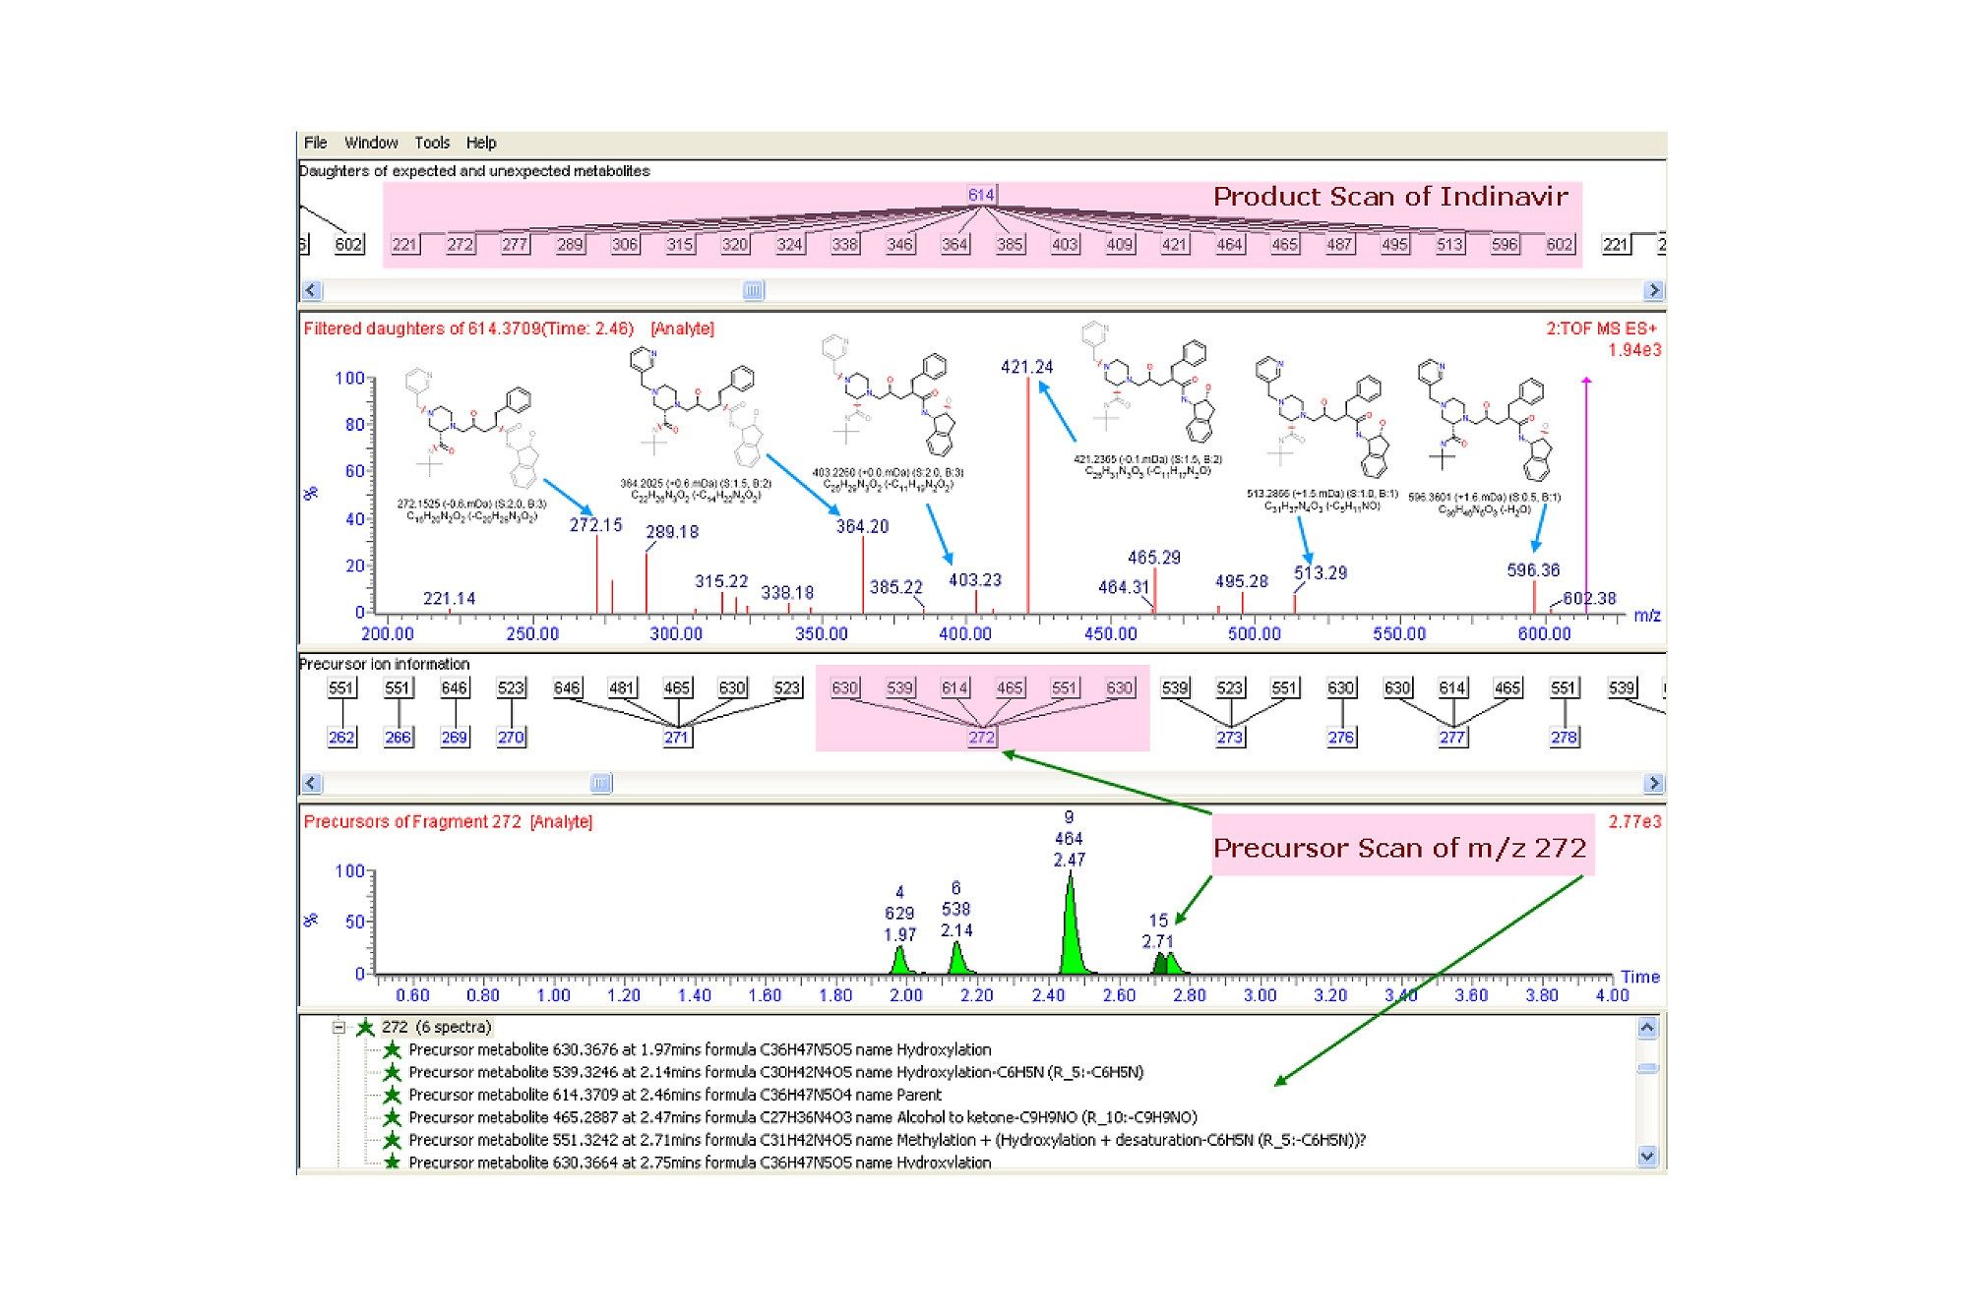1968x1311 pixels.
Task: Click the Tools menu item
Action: [x=432, y=143]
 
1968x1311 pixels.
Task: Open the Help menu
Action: [x=481, y=143]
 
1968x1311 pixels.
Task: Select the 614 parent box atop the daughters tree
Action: [x=981, y=195]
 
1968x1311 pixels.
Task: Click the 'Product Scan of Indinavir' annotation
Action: [x=1389, y=197]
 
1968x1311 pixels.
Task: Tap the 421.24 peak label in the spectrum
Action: [x=1026, y=367]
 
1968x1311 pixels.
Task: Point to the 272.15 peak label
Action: [x=595, y=525]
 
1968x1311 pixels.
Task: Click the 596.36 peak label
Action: [x=1532, y=570]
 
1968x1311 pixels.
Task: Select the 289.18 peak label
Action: [x=672, y=532]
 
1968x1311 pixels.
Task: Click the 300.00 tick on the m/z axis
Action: [x=676, y=634]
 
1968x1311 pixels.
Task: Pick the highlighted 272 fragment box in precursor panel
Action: [x=981, y=738]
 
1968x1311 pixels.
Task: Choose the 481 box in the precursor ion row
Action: [x=622, y=687]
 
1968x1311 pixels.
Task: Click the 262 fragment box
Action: [x=341, y=738]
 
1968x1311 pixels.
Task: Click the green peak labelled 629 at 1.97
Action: [x=899, y=959]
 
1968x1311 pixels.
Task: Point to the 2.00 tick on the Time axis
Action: [x=906, y=995]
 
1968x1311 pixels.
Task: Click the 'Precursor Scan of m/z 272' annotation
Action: [x=1399, y=848]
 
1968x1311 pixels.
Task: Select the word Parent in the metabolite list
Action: [x=919, y=1095]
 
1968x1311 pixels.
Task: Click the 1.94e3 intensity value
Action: [x=1634, y=350]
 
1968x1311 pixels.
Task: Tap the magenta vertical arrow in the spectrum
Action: [x=1586, y=492]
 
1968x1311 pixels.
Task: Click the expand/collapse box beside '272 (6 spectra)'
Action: [x=338, y=1028]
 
